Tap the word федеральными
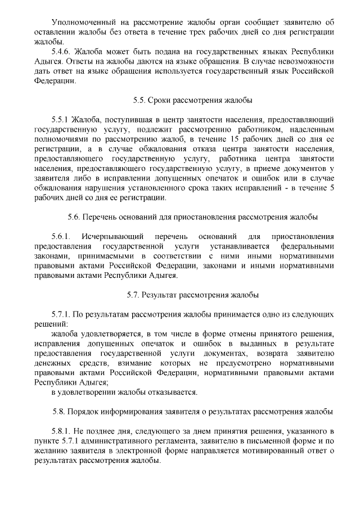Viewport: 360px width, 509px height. pos(308,246)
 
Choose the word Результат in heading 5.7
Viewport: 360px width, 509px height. pos(158,294)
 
